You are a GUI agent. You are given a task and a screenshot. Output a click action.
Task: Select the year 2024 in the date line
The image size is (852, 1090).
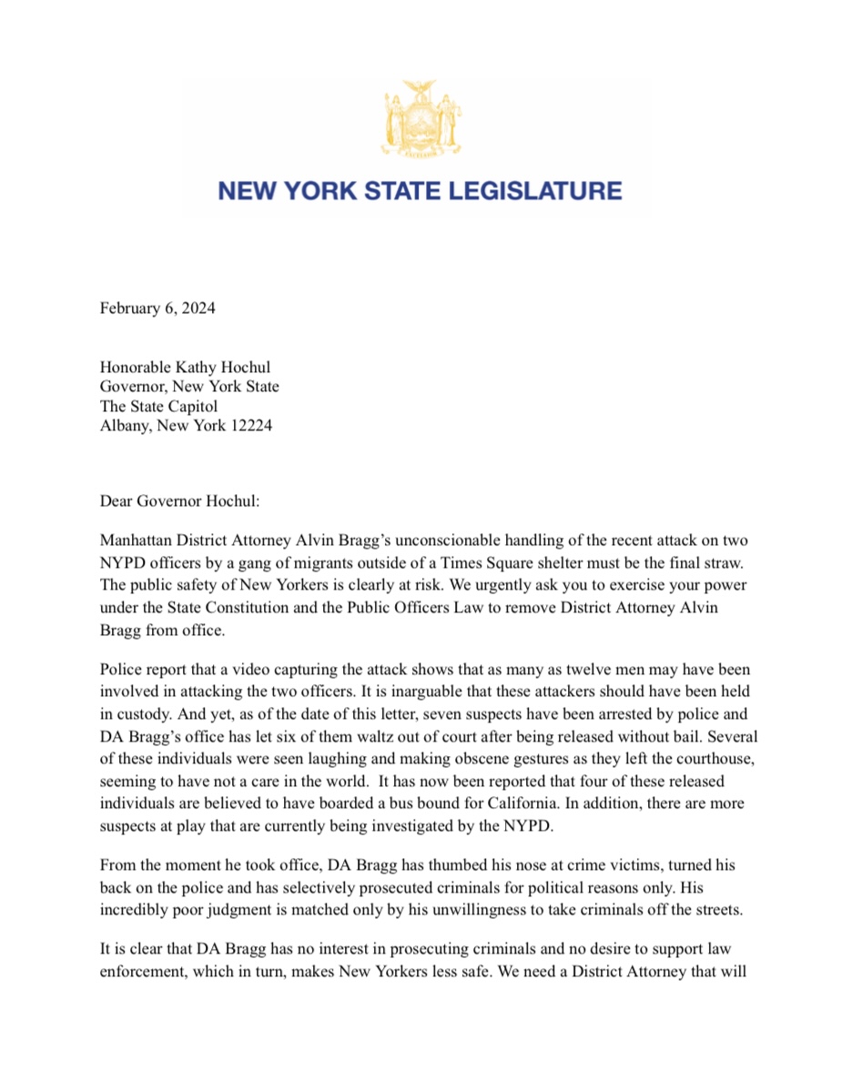tap(197, 308)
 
